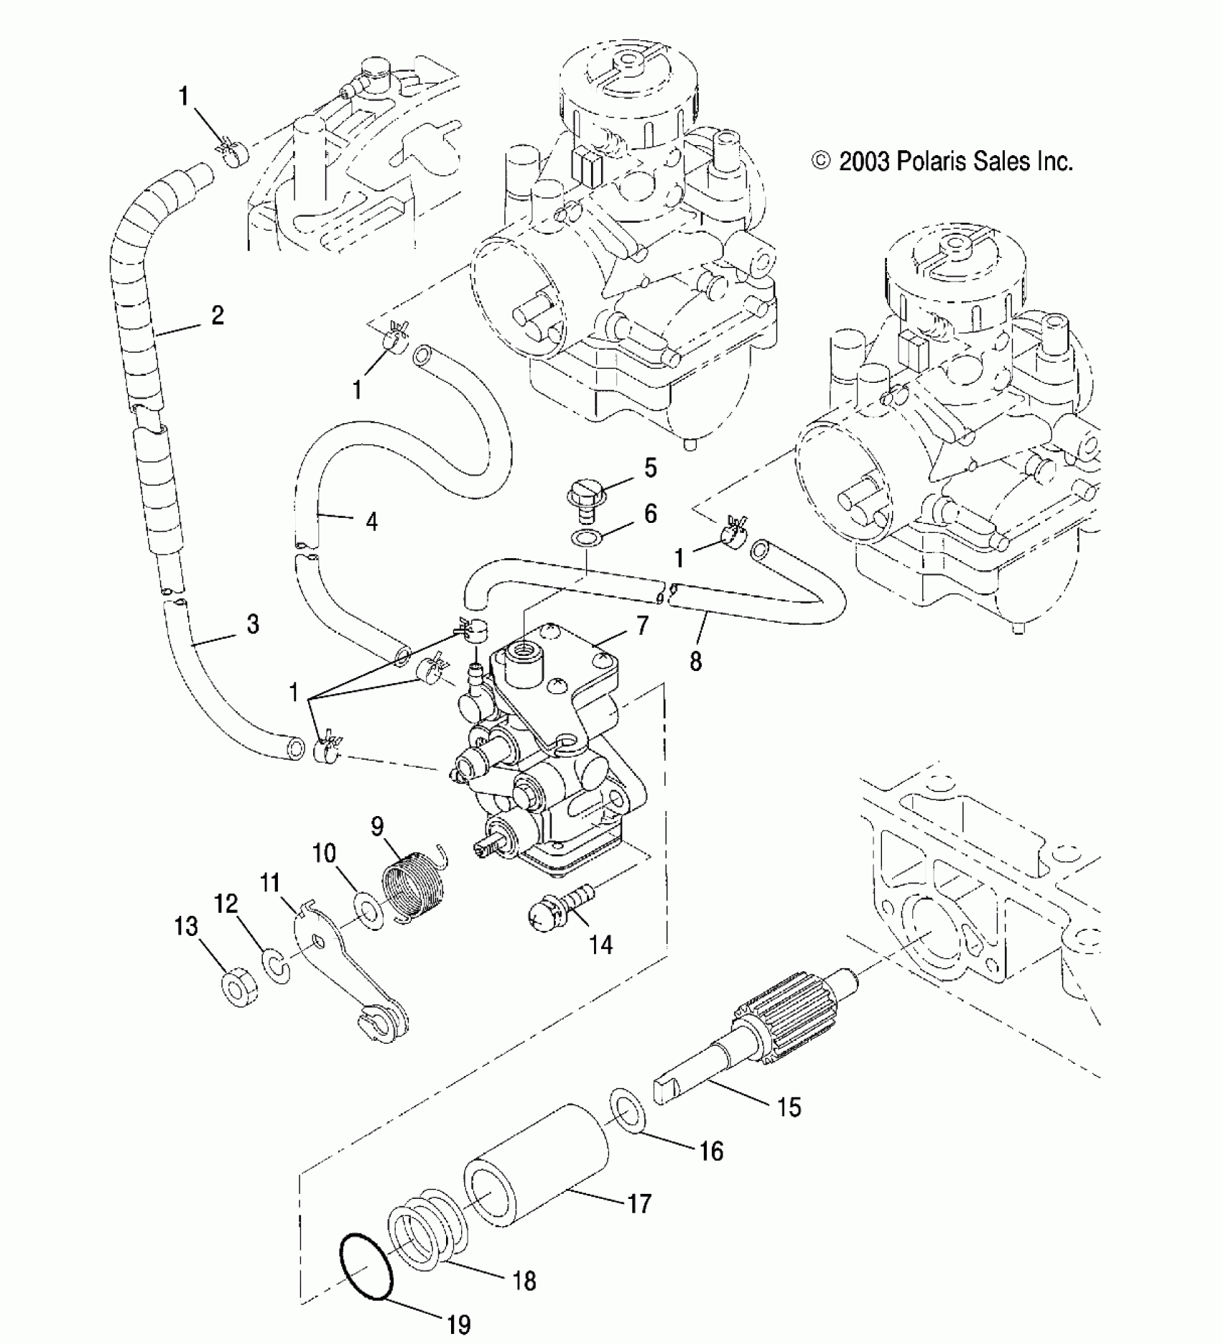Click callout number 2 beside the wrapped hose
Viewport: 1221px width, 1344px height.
coord(217,315)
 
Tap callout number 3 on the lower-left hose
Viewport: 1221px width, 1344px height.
coord(252,624)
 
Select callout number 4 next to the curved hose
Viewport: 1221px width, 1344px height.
coord(371,521)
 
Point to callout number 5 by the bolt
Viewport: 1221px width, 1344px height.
coord(650,468)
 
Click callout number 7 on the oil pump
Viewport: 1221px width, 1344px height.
coord(641,625)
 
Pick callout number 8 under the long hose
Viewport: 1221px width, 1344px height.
coord(695,661)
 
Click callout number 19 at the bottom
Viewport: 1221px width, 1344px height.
coord(458,1324)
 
